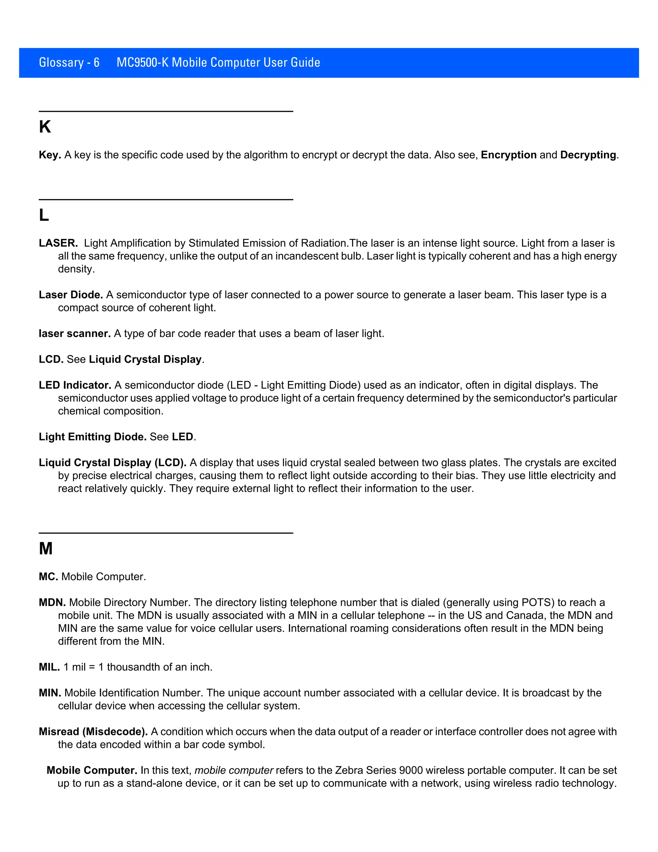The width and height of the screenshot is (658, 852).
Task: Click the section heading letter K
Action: pos(45,127)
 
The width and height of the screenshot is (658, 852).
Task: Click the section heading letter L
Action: pos(44,215)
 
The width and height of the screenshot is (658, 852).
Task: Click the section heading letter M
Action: pos(46,548)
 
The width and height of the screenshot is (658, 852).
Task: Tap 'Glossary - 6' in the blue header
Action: pos(69,62)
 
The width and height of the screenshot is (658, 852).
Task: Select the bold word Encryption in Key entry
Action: pos(508,155)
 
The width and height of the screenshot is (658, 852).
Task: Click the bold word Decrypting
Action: pos(588,155)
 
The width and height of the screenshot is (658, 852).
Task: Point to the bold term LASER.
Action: pos(58,243)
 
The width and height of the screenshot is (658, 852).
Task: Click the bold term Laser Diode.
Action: pos(71,295)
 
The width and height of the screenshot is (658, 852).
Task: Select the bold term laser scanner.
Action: pos(75,333)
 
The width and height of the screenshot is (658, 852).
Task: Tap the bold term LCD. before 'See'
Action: pos(51,359)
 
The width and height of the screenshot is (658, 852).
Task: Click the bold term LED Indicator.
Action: pos(75,385)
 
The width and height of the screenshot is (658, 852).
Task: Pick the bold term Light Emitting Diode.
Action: pos(93,437)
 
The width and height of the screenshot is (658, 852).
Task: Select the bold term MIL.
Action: pos(49,667)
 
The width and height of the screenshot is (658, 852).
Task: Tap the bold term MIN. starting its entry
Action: pos(50,693)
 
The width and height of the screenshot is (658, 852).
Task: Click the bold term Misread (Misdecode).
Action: pos(93,731)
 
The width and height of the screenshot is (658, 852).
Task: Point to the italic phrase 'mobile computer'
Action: pos(234,770)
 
